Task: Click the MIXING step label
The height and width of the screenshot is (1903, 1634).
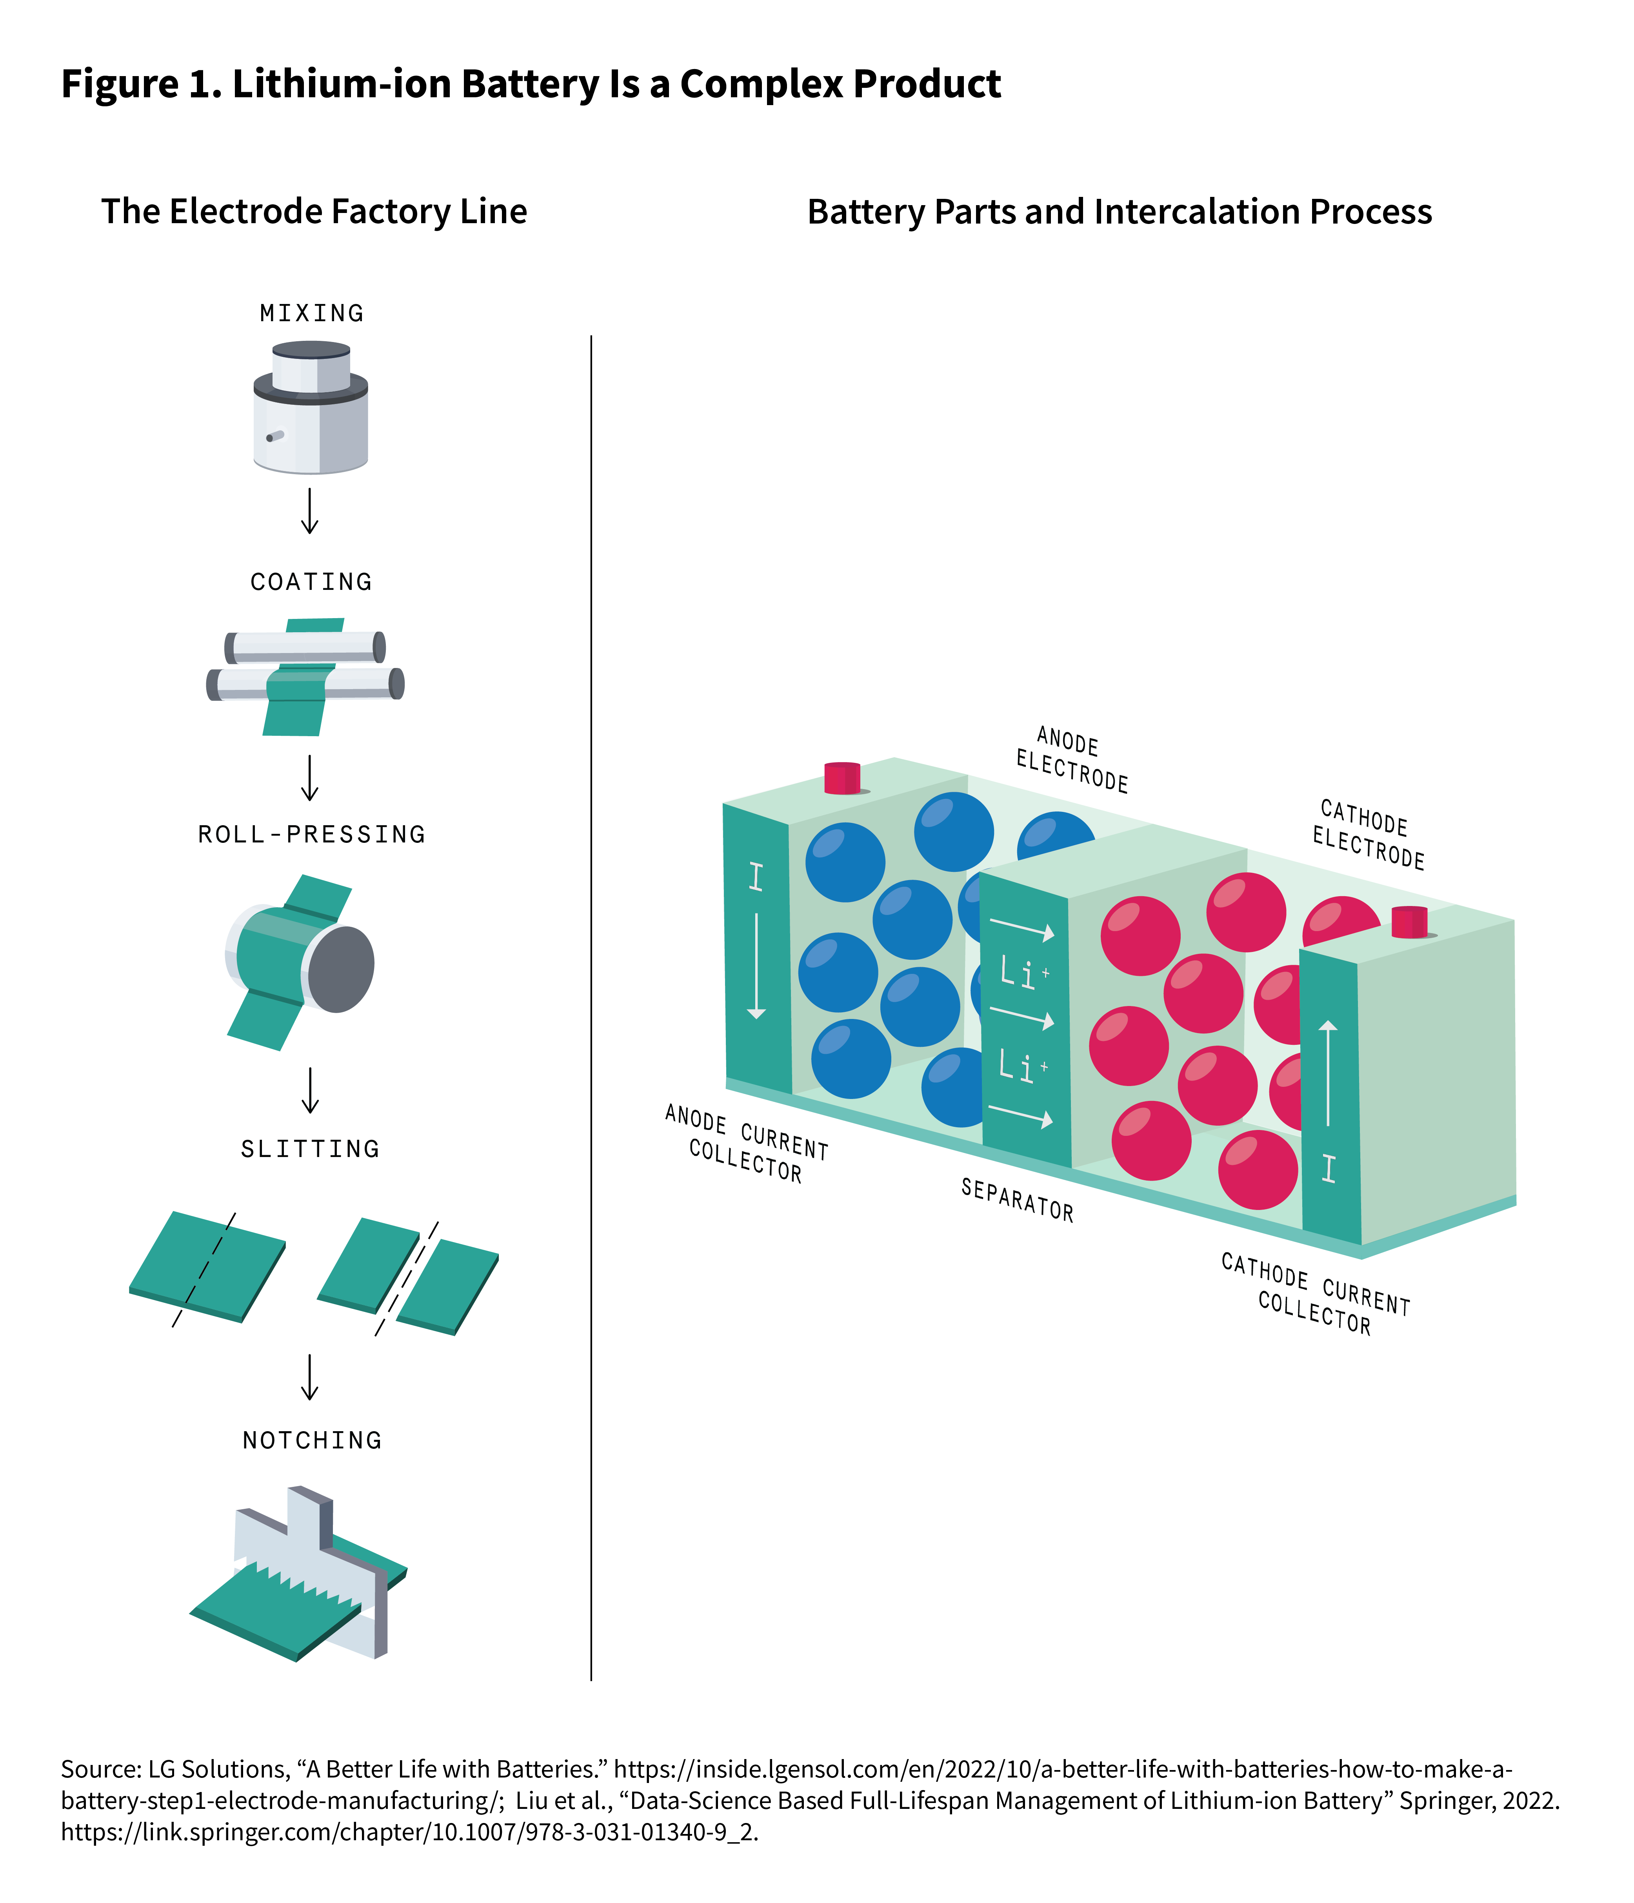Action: point(311,313)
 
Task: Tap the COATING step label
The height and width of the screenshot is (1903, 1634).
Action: point(311,581)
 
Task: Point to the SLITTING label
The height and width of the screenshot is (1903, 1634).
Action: point(311,1149)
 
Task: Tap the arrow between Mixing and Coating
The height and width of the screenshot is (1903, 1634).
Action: point(311,511)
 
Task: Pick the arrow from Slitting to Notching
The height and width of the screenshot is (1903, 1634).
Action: point(311,1377)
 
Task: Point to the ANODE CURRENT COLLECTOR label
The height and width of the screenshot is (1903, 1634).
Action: point(746,1143)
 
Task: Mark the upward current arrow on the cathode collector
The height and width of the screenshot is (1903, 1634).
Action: point(1328,1073)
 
